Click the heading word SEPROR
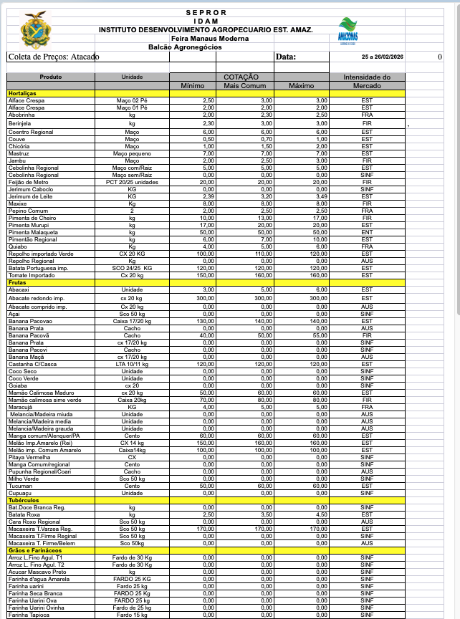pyautogui.click(x=206, y=12)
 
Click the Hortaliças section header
pyautogui.click(x=22, y=94)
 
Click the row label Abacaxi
pyautogui.click(x=19, y=289)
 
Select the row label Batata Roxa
pyautogui.click(x=24, y=514)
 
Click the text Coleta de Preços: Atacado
pyautogui.click(x=53, y=57)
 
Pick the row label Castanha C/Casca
pyautogui.click(x=33, y=364)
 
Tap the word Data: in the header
pyautogui.click(x=285, y=57)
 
